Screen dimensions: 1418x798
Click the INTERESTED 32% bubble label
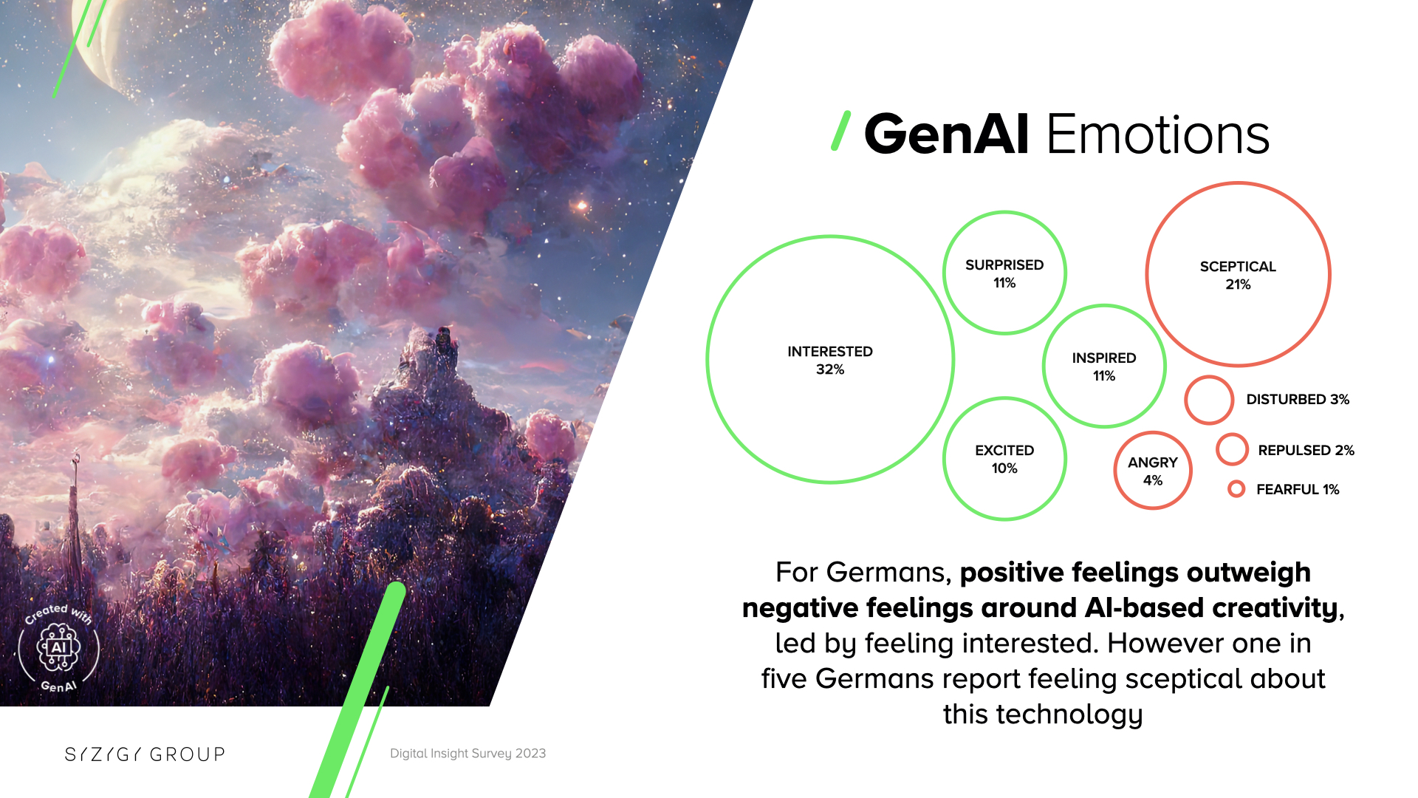pos(830,360)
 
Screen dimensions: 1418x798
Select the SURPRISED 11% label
pos(1004,273)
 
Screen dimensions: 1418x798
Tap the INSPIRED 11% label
pos(1104,366)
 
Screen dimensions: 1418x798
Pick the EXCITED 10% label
pos(1004,459)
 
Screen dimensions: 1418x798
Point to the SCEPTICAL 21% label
pos(1238,275)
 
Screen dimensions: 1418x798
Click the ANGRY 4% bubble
pos(1153,471)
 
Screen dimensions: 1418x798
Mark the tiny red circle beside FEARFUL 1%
pos(1236,481)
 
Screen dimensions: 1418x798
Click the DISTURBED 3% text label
pos(1298,400)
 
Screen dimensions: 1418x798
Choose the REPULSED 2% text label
pos(1306,450)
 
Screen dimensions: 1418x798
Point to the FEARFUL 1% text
pos(1298,489)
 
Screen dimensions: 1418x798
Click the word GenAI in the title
pos(946,134)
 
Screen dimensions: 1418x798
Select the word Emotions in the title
pos(1158,134)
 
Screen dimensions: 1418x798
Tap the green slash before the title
pos(841,131)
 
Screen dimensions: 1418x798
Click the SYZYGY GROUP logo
pos(145,754)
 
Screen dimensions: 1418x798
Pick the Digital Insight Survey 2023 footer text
pos(467,754)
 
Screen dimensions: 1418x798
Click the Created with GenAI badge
pos(59,648)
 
